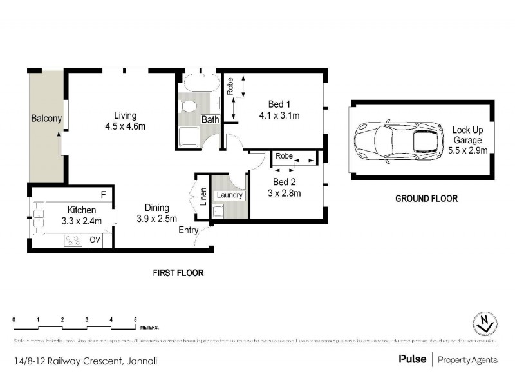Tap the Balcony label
46,118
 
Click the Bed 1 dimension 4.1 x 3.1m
279,115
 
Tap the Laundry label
229,195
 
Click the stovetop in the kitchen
73,241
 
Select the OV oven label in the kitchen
95,240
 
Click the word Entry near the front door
189,230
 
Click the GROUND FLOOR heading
426,199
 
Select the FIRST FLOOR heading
178,273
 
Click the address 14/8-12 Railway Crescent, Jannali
84,361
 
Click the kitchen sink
38,212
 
